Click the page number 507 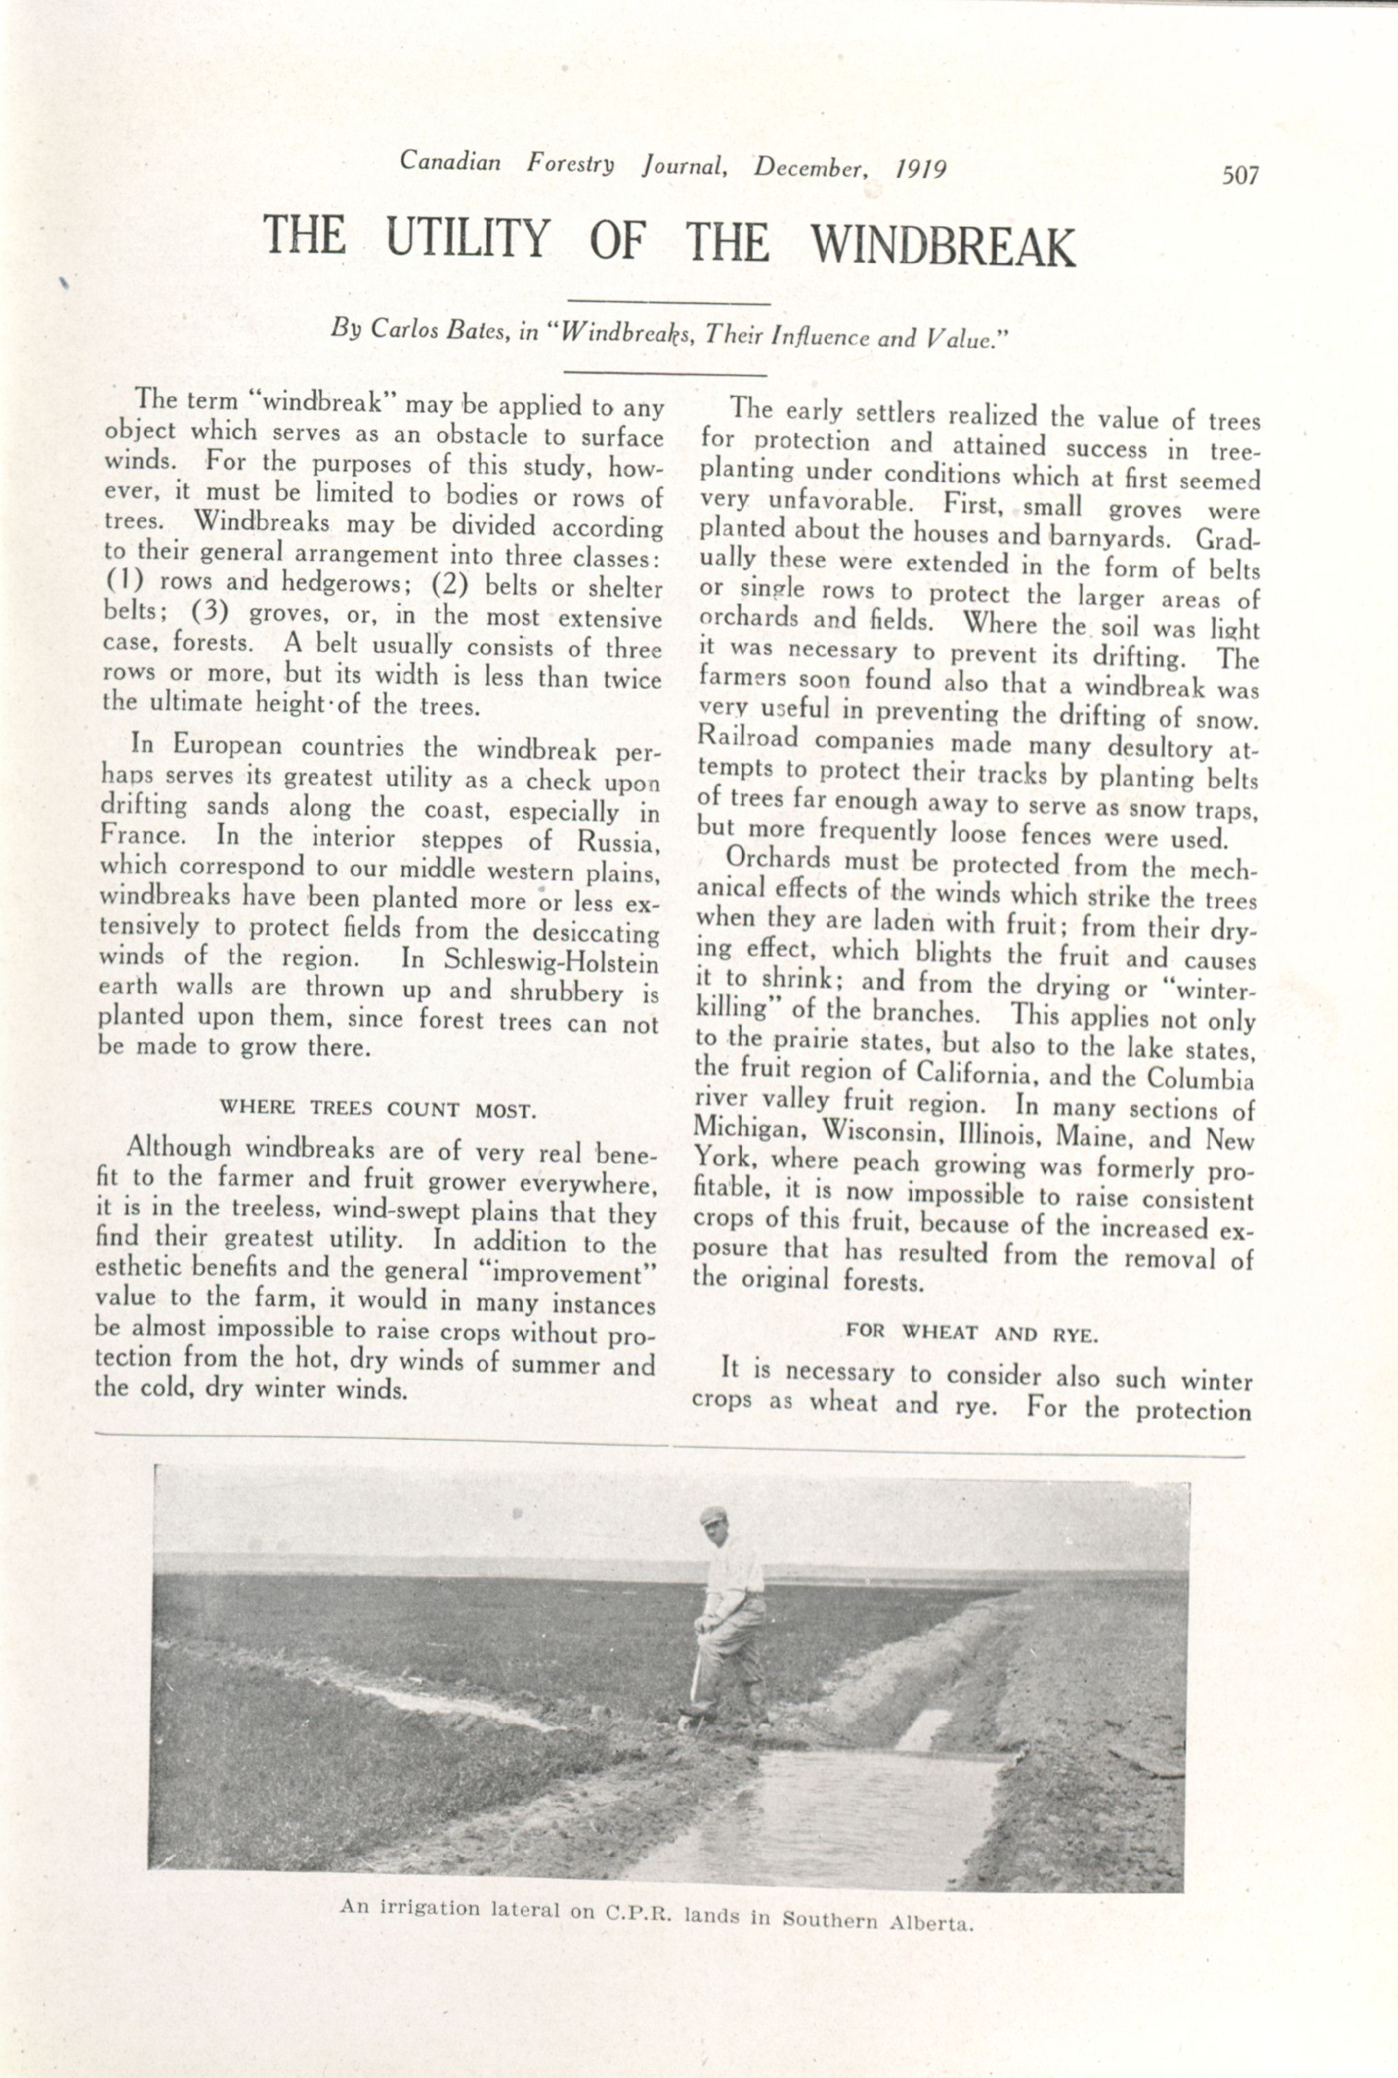click(x=1240, y=175)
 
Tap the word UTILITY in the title click(x=468, y=238)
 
